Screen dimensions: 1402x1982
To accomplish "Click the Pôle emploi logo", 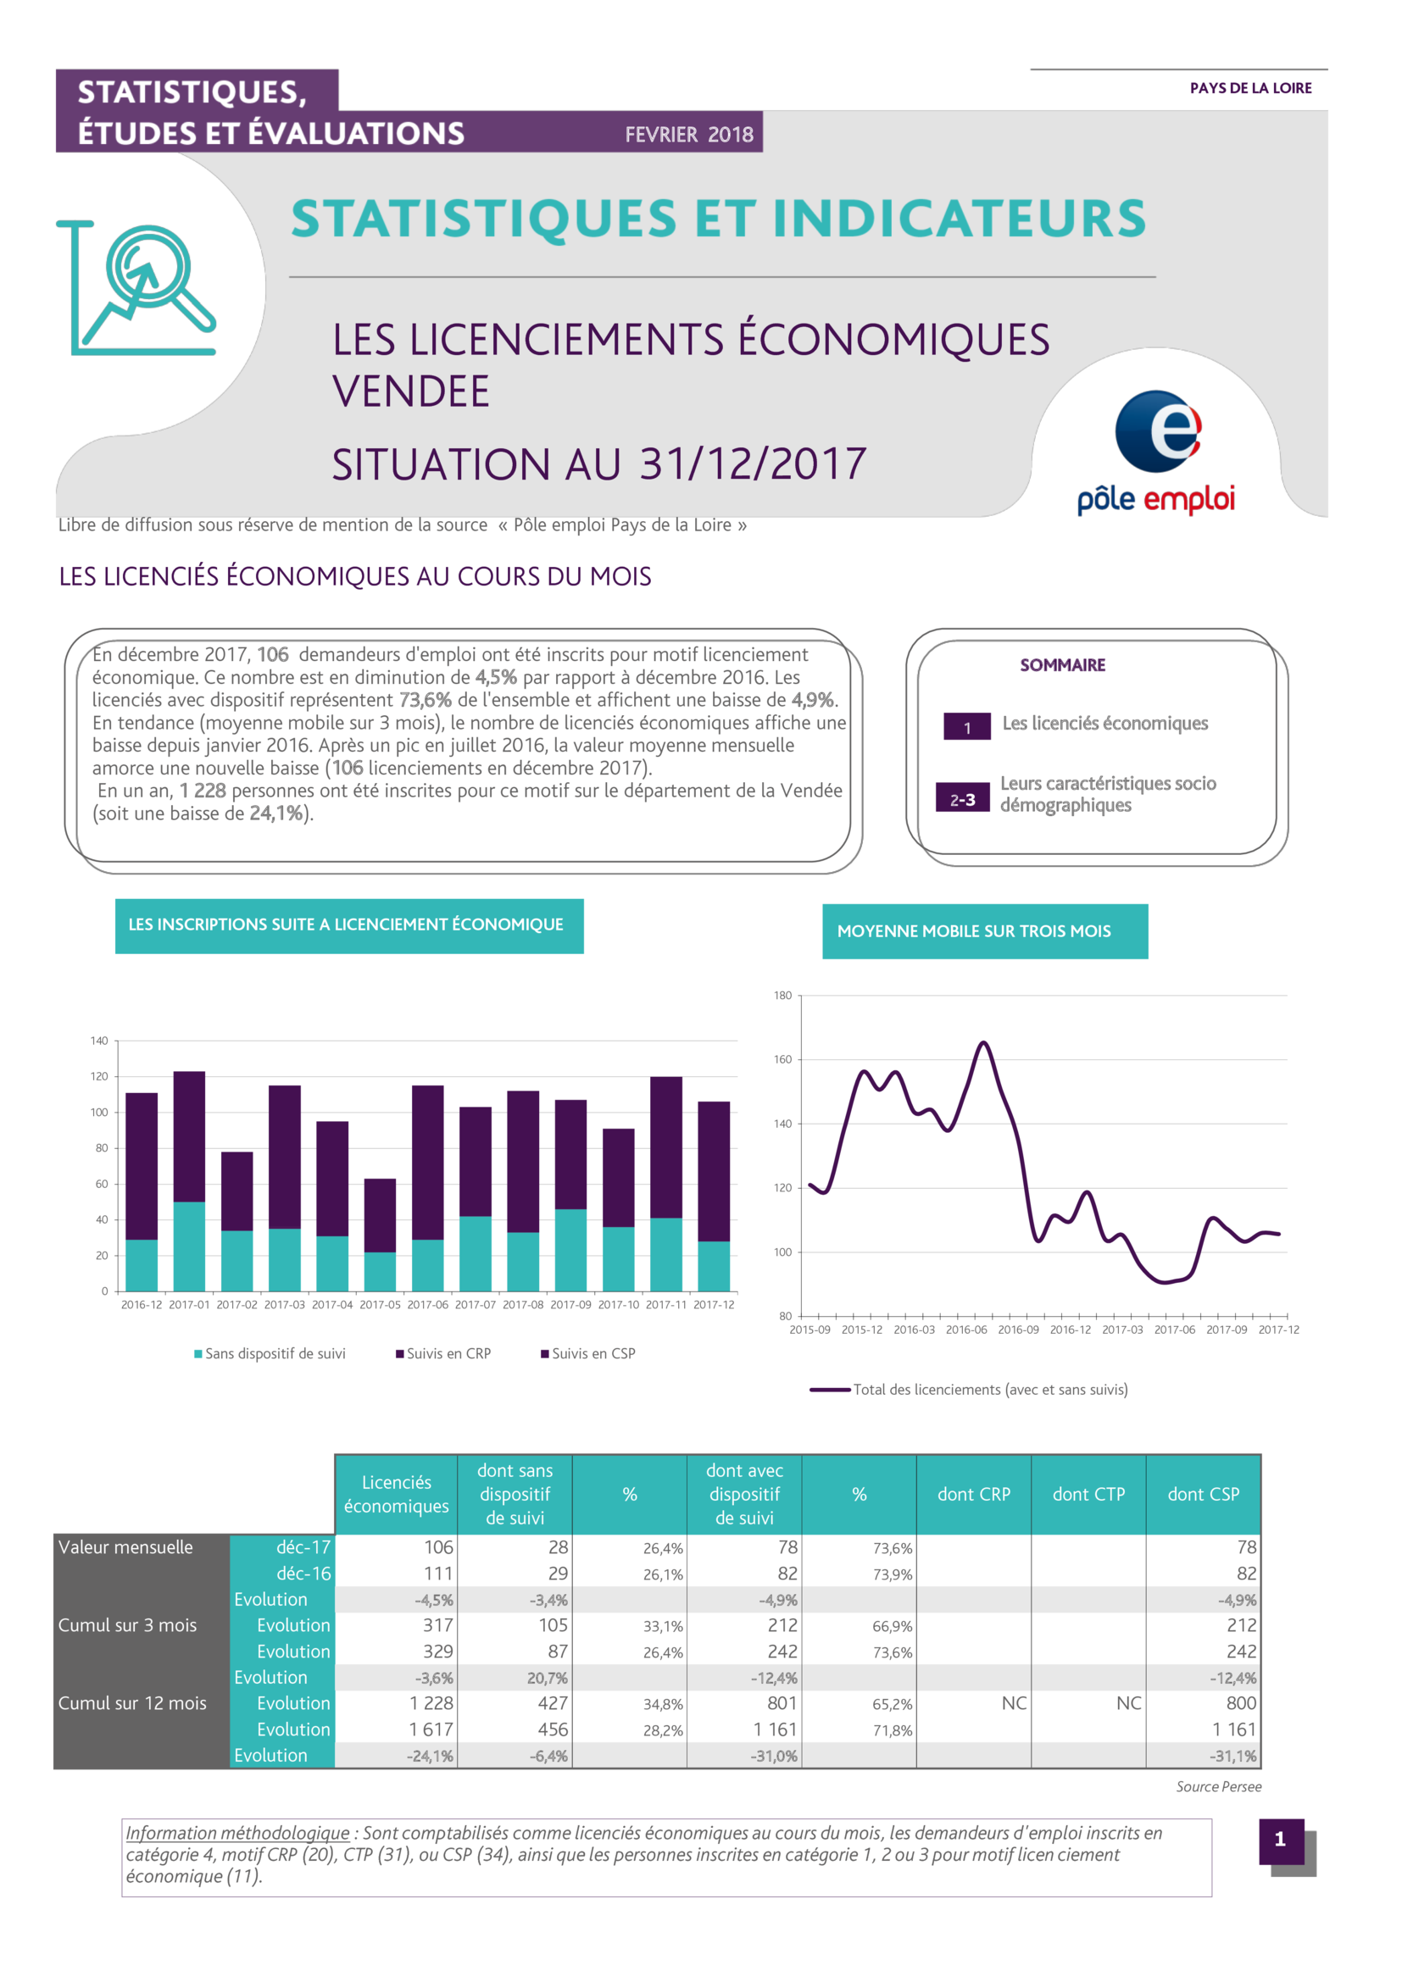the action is [1156, 452].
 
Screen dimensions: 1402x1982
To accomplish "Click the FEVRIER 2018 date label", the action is [689, 135].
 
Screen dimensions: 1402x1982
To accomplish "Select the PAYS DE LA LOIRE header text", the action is [1250, 88].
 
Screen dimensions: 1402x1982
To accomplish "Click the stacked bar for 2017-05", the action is [380, 1235].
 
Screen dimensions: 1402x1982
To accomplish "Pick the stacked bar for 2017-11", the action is [665, 1184].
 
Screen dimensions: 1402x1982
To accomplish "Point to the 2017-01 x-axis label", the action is [189, 1304].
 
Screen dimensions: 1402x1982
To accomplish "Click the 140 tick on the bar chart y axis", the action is [99, 1041].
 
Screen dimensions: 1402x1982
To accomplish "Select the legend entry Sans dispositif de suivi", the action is [270, 1353].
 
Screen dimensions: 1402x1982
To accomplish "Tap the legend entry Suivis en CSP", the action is [588, 1353].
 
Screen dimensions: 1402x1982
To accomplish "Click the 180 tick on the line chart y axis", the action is [782, 996].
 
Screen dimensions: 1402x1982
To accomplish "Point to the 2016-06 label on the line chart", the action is [966, 1330].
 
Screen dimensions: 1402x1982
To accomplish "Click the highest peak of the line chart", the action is [983, 1043].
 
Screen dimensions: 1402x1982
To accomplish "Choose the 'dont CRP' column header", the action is [974, 1494].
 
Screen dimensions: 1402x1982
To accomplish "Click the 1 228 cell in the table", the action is [431, 1703].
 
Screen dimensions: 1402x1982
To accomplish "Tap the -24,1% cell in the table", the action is [430, 1756].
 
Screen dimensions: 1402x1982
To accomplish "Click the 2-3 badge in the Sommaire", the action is [963, 799].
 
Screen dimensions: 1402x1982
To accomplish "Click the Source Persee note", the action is [1218, 1787].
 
